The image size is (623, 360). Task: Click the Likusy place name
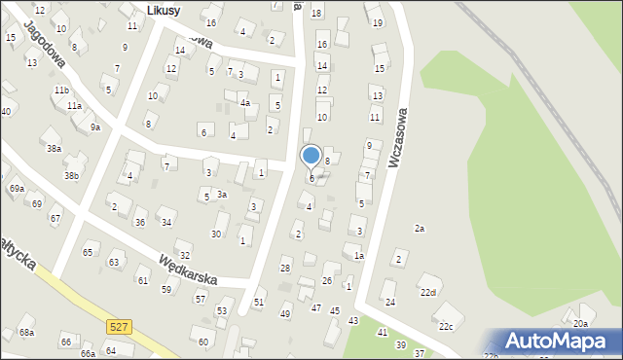[165, 10]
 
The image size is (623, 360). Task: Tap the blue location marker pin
[311, 157]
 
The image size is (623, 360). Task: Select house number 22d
[428, 292]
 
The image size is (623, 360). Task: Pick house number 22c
[445, 326]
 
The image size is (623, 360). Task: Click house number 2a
[420, 229]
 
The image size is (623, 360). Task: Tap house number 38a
[54, 149]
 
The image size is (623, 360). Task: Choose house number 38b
[71, 176]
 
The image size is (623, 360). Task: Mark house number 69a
[17, 188]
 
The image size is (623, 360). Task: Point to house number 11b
[61, 90]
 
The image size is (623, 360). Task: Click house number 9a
[94, 127]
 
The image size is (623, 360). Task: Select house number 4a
[245, 102]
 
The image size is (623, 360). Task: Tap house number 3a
[222, 195]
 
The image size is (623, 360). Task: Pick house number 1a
[358, 256]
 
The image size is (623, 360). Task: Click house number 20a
[580, 323]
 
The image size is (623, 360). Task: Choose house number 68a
[26, 333]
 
